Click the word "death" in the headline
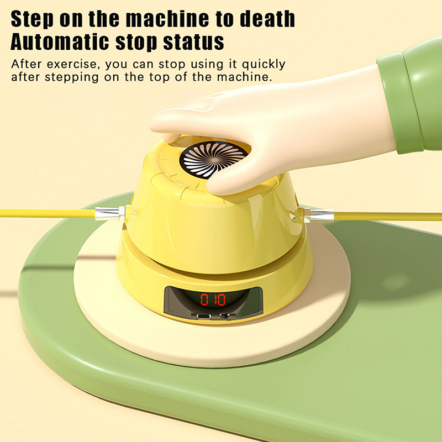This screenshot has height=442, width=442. (267, 19)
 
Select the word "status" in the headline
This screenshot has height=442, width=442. (194, 42)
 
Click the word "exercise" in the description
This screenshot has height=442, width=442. (73, 64)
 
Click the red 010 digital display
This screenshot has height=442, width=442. (213, 299)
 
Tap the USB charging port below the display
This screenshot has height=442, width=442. (204, 316)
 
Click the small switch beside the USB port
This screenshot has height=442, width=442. (224, 316)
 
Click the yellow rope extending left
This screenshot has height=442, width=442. (48, 213)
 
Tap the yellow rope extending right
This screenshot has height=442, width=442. (388, 217)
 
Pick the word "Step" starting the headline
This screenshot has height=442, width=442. (32, 19)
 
